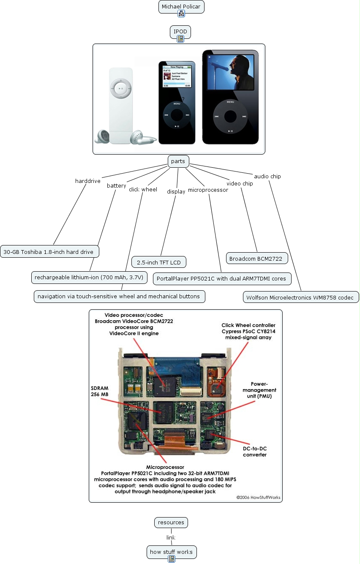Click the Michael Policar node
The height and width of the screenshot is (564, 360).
[x=182, y=7]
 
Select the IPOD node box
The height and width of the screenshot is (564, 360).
[x=180, y=32]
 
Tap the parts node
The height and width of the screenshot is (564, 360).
[x=178, y=161]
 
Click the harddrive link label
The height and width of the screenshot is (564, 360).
[x=88, y=181]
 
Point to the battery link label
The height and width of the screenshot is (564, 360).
[x=116, y=185]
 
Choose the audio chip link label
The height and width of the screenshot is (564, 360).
[x=267, y=176]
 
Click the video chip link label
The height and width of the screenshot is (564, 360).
[x=240, y=183]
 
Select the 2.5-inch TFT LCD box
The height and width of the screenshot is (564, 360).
[x=158, y=262]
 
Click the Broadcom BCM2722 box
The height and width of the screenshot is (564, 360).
[x=257, y=258]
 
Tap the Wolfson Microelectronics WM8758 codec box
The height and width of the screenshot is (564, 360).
[x=301, y=297]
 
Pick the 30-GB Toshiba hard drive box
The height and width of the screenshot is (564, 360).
[x=49, y=252]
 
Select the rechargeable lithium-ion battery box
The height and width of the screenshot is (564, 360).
[x=89, y=278]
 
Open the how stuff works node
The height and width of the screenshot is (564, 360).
[x=171, y=552]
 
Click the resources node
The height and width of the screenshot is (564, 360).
[x=171, y=523]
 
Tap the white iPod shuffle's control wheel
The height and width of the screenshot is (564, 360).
[x=121, y=88]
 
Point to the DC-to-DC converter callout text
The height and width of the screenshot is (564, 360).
[x=255, y=452]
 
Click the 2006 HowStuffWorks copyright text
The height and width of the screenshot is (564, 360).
[x=258, y=497]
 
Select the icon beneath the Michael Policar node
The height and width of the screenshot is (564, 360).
[x=181, y=14]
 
